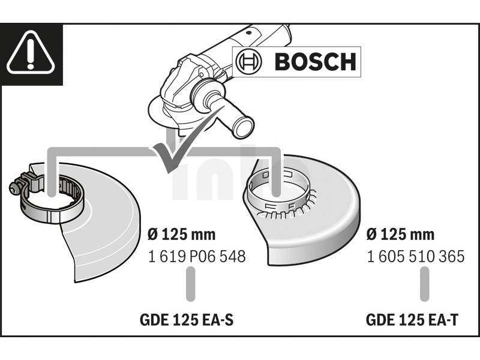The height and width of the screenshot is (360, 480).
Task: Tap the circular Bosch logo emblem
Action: [249, 62]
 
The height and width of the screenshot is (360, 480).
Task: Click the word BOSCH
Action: [316, 62]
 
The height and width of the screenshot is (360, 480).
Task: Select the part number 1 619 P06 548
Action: [197, 256]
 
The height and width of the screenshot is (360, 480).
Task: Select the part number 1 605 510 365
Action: [415, 256]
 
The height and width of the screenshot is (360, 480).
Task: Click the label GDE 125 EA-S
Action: [187, 320]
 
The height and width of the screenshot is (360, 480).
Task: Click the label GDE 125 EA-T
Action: [412, 320]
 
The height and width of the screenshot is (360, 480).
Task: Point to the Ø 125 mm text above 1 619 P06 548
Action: [182, 235]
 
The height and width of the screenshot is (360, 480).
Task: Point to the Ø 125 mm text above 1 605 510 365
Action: [400, 235]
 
